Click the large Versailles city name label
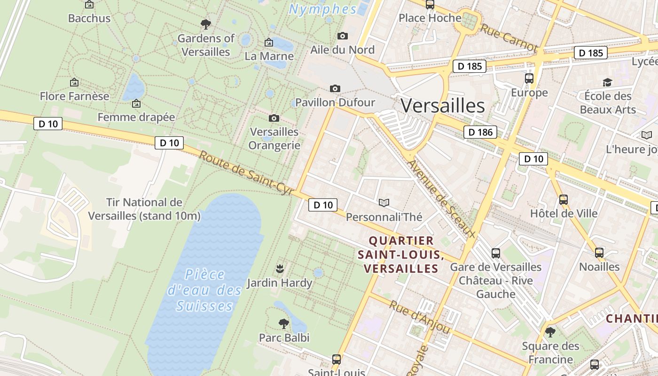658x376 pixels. pyautogui.click(x=442, y=106)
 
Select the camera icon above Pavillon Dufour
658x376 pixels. pyautogui.click(x=335, y=88)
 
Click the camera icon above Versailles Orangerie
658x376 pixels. pyautogui.click(x=274, y=118)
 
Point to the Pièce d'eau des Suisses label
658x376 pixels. pyautogui.click(x=204, y=290)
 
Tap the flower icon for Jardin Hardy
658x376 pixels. pyautogui.click(x=280, y=269)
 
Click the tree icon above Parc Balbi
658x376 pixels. pyautogui.click(x=283, y=323)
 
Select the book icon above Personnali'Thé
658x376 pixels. pyautogui.click(x=384, y=203)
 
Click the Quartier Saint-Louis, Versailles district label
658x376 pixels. pyautogui.click(x=401, y=254)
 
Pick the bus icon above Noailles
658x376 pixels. pyautogui.click(x=599, y=253)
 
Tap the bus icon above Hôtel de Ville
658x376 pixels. pyautogui.click(x=564, y=199)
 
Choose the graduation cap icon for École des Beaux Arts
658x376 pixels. pyautogui.click(x=607, y=82)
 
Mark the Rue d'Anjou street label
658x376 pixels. pyautogui.click(x=420, y=317)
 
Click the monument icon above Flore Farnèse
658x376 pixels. pyautogui.click(x=74, y=82)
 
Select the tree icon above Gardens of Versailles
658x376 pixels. pyautogui.click(x=205, y=24)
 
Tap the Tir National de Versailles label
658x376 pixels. pyautogui.click(x=144, y=209)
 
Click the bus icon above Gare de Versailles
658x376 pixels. pyautogui.click(x=496, y=253)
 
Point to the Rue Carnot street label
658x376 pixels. pyautogui.click(x=509, y=38)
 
